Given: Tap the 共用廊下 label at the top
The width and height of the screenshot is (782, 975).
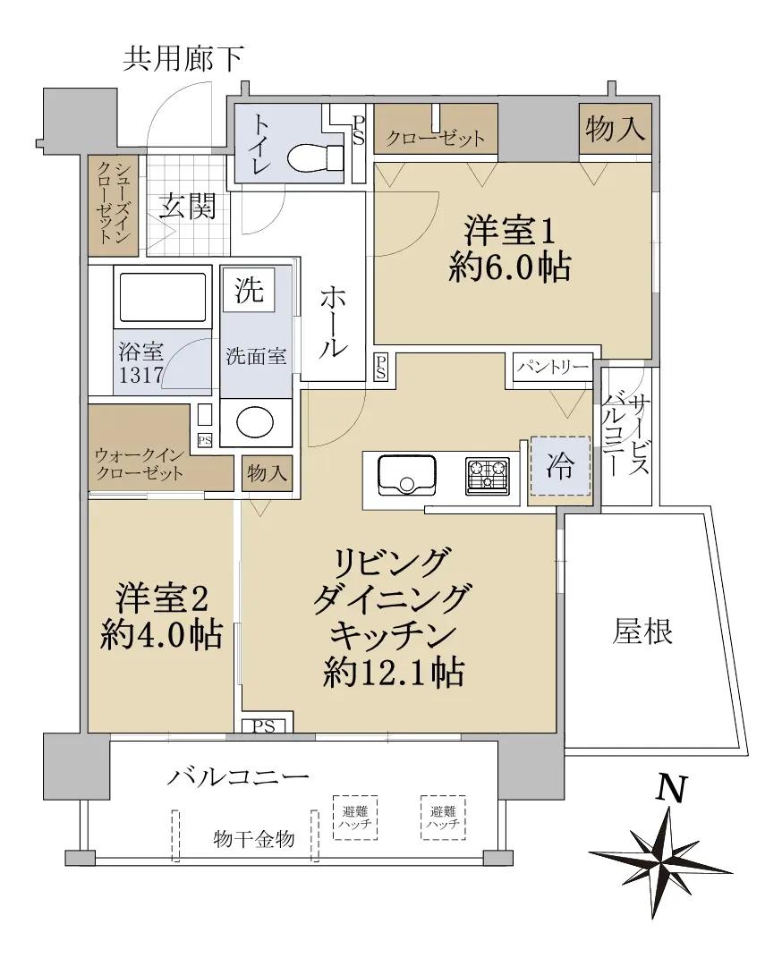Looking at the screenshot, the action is (183, 59).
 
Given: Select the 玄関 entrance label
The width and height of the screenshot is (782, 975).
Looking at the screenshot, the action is (187, 206).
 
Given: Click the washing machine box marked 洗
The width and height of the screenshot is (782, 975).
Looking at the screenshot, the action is (249, 290).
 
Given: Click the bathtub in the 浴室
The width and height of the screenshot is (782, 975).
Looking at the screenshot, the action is (162, 298).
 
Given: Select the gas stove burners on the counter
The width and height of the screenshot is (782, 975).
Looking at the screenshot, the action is (487, 476).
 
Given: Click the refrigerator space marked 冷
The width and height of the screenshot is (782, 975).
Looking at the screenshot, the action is (560, 466).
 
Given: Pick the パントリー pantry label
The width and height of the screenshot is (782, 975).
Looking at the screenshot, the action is (552, 367).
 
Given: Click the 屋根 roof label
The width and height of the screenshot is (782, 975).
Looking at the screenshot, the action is (642, 632).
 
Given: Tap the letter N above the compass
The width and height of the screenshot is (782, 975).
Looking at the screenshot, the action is (673, 790).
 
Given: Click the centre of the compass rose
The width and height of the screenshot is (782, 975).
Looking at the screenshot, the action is (659, 861).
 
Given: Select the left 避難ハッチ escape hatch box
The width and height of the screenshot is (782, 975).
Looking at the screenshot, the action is (355, 818).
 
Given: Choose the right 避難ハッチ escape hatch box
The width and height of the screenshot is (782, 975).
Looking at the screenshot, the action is (443, 818).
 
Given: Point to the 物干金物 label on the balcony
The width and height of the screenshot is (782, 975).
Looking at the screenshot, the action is (254, 839).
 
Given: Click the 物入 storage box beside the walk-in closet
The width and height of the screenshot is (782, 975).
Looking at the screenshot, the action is (267, 474).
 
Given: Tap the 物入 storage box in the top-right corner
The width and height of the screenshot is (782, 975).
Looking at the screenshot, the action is (616, 129).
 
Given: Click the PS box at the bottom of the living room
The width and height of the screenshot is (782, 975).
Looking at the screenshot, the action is (264, 725).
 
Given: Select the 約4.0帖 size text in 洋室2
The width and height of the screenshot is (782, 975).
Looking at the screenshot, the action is (161, 635).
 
